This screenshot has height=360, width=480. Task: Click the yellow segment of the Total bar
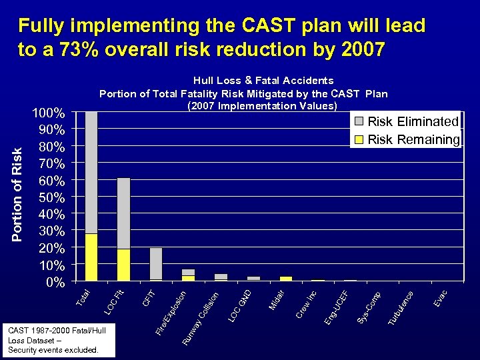(x=91, y=257)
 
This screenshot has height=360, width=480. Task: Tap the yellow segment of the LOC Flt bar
(x=123, y=265)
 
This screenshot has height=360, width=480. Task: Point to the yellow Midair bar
(x=286, y=278)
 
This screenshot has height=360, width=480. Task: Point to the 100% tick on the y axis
(x=49, y=113)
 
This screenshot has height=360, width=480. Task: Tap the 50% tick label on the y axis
(x=51, y=197)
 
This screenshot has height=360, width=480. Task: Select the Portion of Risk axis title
(x=18, y=193)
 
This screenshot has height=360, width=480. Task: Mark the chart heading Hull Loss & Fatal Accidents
(x=263, y=81)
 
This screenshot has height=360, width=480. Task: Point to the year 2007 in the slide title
(x=360, y=49)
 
